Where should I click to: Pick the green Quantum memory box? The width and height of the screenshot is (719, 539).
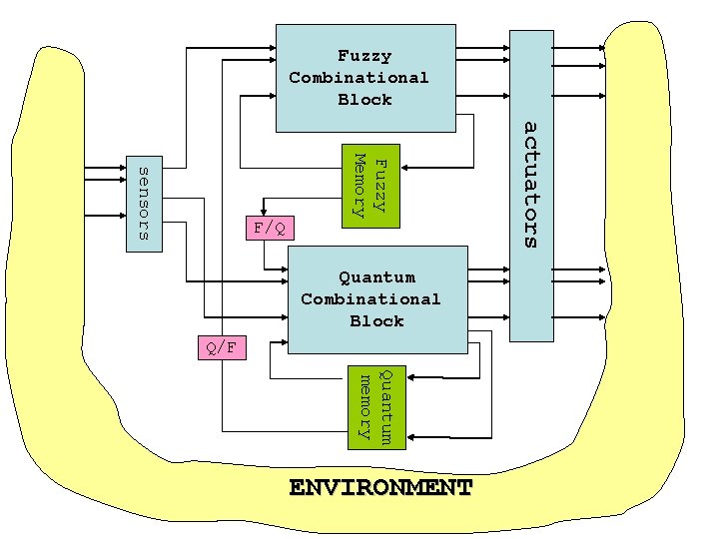[376, 406]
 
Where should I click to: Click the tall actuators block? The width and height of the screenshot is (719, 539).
[531, 185]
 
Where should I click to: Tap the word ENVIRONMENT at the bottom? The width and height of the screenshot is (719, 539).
[379, 488]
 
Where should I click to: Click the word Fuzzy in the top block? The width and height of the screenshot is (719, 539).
[364, 56]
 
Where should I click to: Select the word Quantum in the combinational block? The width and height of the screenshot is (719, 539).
[376, 277]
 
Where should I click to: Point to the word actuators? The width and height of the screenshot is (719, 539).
[531, 185]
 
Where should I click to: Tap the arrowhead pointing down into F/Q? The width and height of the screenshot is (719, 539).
[261, 215]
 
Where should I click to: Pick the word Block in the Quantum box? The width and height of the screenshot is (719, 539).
[376, 321]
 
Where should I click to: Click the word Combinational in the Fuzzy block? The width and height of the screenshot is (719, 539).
[359, 78]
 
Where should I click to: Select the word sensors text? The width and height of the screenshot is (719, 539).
[142, 204]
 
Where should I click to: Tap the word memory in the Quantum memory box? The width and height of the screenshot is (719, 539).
[365, 406]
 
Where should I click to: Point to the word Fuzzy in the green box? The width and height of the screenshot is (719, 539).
[382, 183]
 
